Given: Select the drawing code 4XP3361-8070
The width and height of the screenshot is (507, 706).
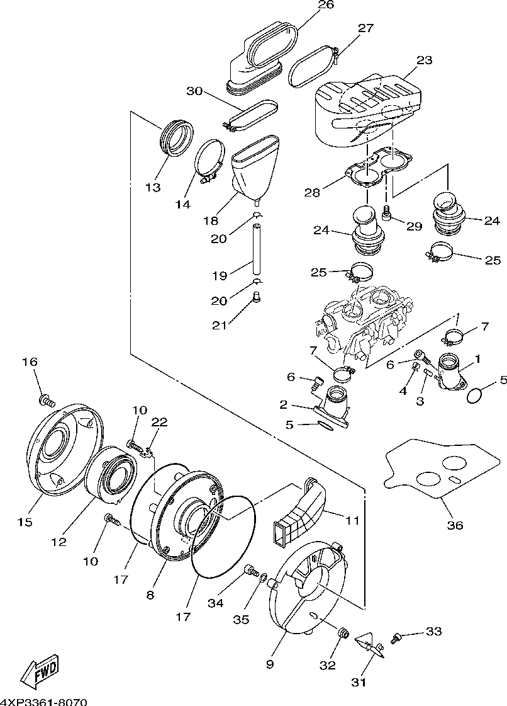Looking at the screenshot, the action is pos(43,702).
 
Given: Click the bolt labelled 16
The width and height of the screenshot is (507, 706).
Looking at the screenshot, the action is pos(47,399).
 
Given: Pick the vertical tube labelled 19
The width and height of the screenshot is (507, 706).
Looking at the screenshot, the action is pos(257,248).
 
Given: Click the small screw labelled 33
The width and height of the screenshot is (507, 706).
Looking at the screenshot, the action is pos(396,637).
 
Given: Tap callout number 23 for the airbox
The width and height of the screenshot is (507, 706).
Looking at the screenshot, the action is pos(423,60).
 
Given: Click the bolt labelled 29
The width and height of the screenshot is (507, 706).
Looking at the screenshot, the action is pos(386,213).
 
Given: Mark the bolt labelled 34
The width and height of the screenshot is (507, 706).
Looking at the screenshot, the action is pos(252,571).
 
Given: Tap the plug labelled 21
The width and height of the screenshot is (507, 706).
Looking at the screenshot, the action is pos(257,297).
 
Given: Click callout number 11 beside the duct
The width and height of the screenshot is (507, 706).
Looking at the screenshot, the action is pos(352,520).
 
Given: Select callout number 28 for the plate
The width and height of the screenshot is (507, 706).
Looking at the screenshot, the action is pos(312,193).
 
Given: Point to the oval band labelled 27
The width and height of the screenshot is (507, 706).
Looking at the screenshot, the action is pos(313,67).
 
